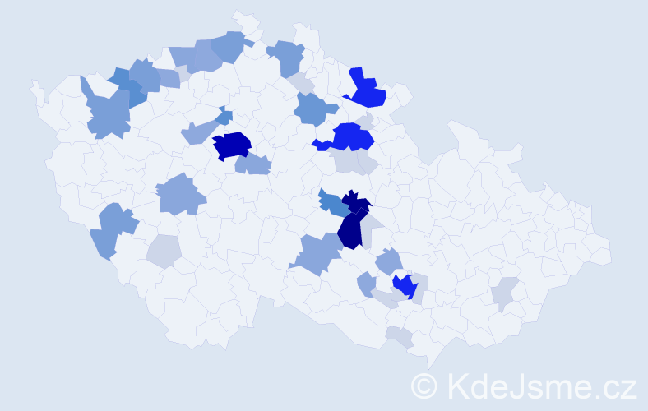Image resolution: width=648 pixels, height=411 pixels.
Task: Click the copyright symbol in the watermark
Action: (x=424, y=386)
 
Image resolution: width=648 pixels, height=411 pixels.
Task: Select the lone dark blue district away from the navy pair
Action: (x=232, y=145)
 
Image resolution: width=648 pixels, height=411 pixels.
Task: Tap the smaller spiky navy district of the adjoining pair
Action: (x=357, y=201)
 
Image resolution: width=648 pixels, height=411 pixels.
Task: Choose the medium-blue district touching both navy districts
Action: (x=332, y=204)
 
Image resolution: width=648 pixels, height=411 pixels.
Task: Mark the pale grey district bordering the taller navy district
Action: (x=373, y=222)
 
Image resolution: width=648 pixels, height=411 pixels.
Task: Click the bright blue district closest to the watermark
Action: (x=405, y=286)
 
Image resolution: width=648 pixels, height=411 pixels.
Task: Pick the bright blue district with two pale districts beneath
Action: (x=349, y=136)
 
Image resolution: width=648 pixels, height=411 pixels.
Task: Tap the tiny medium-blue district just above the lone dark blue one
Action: (x=224, y=117)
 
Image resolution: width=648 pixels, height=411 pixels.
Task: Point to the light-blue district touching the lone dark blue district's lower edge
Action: (x=252, y=164)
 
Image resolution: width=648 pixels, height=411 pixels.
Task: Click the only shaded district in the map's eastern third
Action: (x=505, y=293)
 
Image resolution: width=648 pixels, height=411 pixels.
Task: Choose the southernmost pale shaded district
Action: (x=400, y=335)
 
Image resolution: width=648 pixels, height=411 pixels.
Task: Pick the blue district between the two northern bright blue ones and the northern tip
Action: (x=287, y=57)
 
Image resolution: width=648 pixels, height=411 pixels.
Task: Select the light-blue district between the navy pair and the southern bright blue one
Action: (x=389, y=262)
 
